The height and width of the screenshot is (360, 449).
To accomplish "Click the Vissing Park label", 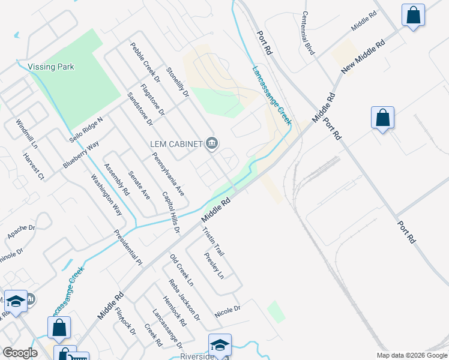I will (51, 67).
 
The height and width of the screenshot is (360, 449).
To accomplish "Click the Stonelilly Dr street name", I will (178, 82).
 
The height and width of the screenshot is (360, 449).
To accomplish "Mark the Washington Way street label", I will (106, 195).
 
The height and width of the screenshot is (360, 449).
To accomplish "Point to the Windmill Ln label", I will (27, 134).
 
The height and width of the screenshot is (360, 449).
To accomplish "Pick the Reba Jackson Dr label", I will (184, 298).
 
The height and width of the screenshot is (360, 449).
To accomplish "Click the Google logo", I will (20, 353).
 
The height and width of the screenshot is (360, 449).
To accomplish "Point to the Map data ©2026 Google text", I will (411, 355).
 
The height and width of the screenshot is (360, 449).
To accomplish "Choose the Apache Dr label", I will (22, 231).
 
